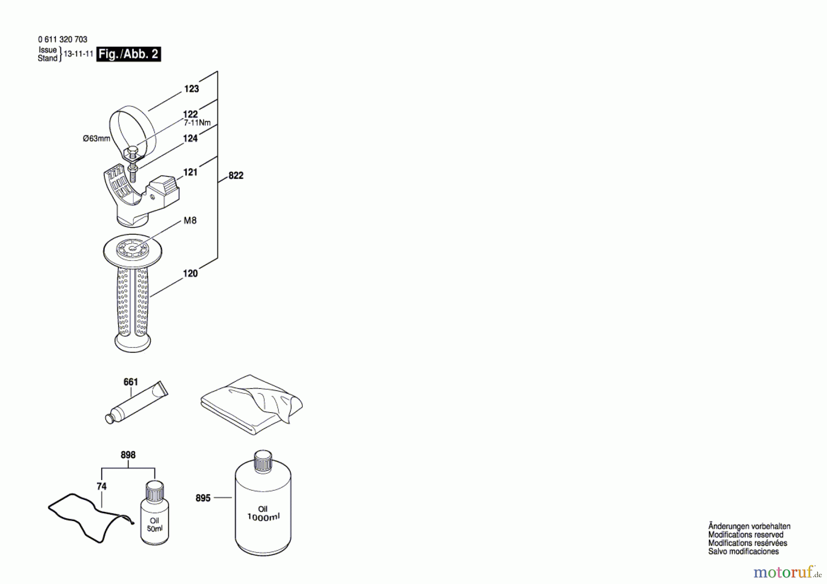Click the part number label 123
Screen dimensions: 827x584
pos(192,89)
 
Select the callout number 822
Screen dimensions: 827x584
pos(236,176)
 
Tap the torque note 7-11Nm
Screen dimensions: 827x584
pos(197,123)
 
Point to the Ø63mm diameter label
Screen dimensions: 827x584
pos(96,138)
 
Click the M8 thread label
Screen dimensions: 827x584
pos(190,221)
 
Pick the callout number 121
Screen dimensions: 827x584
pos(190,172)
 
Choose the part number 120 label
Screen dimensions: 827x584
pos(190,273)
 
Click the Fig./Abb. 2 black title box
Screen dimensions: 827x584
pos(129,54)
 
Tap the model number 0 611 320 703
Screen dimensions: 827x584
pos(62,40)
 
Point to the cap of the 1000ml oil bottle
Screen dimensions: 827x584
pos(263,461)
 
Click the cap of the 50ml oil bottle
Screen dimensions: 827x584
pos(155,491)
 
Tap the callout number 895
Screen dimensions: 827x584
pos(203,498)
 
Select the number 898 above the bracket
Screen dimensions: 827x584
pos(128,455)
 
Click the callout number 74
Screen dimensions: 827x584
pos(102,486)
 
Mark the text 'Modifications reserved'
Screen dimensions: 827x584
pos(746,535)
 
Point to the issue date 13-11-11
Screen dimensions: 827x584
pos(79,54)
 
